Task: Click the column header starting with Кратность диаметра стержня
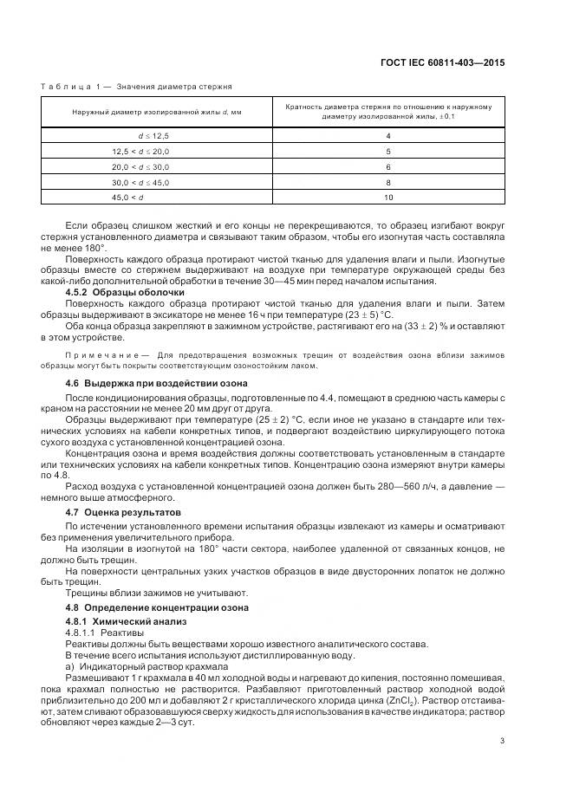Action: [x=387, y=112]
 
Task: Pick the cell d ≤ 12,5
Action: [x=156, y=136]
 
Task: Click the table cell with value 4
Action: [x=387, y=136]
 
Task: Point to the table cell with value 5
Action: [x=387, y=151]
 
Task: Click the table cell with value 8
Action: [x=387, y=182]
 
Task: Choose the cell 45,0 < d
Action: [x=140, y=198]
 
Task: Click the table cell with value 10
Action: [x=387, y=198]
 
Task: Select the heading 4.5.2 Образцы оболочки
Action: [x=120, y=291]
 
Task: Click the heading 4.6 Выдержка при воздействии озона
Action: [x=156, y=382]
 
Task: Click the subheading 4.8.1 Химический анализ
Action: [x=127, y=622]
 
